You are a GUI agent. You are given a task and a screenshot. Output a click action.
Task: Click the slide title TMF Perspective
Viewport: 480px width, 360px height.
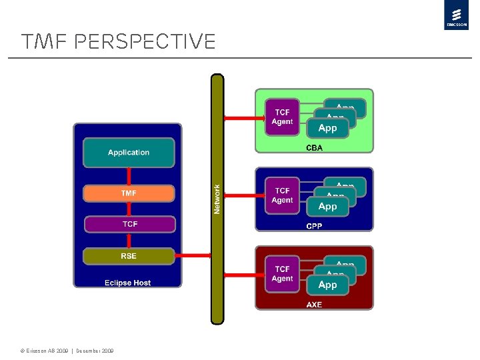point(119,42)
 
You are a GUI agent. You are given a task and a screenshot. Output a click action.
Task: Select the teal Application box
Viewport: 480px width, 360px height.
point(129,153)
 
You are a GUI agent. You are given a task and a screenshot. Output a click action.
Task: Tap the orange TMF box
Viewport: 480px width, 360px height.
point(129,193)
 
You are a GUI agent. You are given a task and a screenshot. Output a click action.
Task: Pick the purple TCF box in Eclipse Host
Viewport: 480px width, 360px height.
point(129,224)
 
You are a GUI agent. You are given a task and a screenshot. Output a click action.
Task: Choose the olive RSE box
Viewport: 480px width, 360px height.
point(129,256)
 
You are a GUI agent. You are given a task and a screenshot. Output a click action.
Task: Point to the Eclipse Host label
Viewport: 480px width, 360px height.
point(127,283)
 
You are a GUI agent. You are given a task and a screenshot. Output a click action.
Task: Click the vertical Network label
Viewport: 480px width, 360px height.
point(217,199)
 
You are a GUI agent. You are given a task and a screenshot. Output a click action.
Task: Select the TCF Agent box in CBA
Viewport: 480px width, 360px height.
point(282,117)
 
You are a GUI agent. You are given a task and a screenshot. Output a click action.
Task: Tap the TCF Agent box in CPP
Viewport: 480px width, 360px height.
point(282,195)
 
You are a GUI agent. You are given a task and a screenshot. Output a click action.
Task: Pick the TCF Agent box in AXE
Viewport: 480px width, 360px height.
point(282,274)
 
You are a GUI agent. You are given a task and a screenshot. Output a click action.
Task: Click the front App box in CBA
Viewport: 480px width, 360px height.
point(327,128)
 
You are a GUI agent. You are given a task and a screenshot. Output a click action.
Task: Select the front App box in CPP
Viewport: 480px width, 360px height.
point(327,207)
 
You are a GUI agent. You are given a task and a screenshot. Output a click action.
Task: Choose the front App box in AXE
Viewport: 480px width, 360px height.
point(327,285)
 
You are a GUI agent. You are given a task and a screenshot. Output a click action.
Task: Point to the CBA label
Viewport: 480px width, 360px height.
point(314,147)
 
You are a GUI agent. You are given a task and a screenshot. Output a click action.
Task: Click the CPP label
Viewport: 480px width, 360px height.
point(314,226)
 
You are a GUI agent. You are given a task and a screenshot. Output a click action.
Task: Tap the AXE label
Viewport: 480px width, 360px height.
point(314,305)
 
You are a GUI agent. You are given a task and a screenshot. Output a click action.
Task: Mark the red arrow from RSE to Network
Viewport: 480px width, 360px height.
point(193,255)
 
